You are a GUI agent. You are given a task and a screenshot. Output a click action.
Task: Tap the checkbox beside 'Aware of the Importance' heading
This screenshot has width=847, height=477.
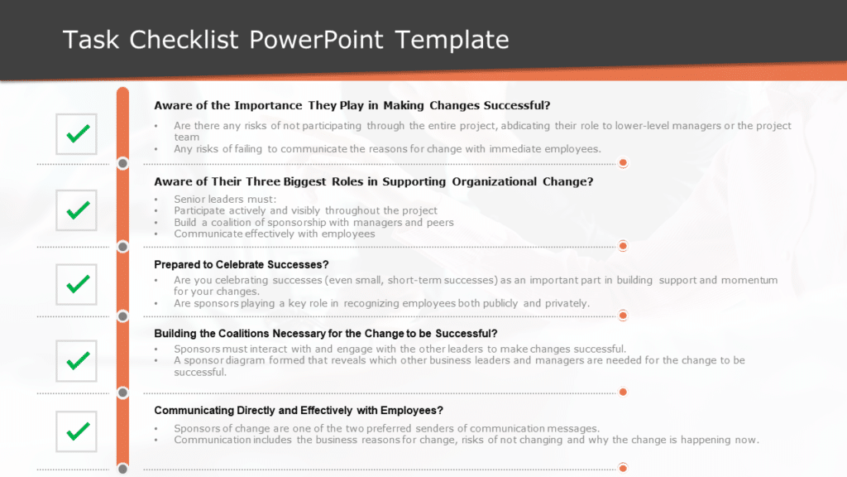(x=77, y=133)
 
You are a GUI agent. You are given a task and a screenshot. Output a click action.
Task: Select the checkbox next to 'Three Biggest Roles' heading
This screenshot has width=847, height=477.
(x=77, y=210)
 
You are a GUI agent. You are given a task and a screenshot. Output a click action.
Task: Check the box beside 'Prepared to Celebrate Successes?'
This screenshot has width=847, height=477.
(x=77, y=285)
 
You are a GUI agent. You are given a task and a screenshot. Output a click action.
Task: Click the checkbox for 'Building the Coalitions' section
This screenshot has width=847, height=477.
(x=77, y=361)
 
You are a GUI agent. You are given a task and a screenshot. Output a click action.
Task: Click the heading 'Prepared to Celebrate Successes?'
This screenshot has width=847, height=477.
(x=242, y=265)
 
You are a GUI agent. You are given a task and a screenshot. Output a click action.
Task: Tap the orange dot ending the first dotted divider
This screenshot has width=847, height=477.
(x=623, y=163)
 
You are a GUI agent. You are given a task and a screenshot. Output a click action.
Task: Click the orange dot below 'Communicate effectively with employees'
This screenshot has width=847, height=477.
(x=623, y=246)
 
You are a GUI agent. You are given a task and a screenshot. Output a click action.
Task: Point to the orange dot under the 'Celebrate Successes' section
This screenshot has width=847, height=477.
(x=623, y=316)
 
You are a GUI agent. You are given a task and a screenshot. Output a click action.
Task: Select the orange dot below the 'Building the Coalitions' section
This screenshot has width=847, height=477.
(x=623, y=392)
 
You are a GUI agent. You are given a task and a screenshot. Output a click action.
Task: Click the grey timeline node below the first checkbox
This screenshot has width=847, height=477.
(x=123, y=163)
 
